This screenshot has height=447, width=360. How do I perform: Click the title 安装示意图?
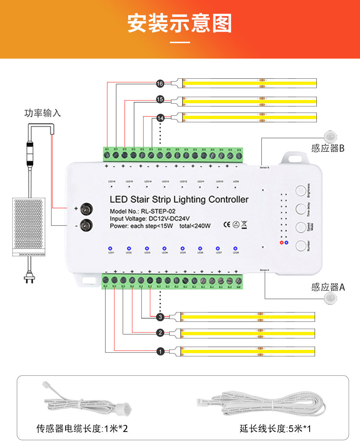[180, 23]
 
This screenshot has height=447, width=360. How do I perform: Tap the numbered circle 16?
[160, 84]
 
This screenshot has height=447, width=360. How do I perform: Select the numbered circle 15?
[160, 99]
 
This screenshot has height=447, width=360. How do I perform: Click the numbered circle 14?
[161, 118]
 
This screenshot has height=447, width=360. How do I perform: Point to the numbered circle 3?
[161, 317]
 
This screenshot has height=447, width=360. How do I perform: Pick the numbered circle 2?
[161, 333]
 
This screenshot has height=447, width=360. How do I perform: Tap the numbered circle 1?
[161, 352]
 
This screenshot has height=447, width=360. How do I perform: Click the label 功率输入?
[42, 113]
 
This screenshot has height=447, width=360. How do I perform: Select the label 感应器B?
[328, 148]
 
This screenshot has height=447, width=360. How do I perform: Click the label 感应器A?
[328, 287]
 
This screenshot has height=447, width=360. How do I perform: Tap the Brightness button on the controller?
[301, 191]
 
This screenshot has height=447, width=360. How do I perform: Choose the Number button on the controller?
[301, 246]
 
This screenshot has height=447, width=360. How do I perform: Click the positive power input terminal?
[86, 209]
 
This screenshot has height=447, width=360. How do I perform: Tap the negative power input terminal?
[86, 225]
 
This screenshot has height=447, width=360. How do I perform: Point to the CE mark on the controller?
[227, 225]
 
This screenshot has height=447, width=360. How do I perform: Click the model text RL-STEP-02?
[158, 211]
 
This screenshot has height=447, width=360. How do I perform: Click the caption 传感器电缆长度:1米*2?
[82, 429]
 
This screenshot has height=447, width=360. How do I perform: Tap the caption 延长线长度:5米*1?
[275, 429]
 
